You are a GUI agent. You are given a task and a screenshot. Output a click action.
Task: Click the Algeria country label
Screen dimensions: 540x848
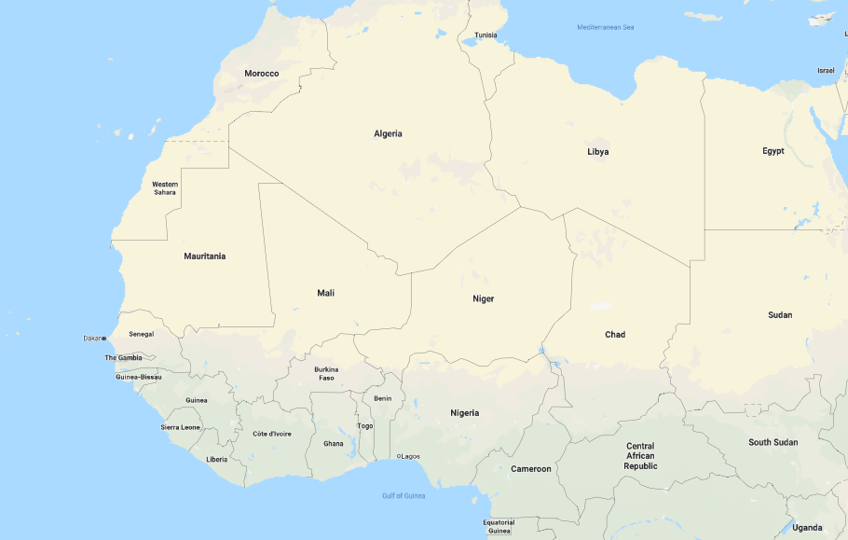click(388, 133)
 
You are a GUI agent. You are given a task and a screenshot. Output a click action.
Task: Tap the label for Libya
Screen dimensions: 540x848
click(597, 151)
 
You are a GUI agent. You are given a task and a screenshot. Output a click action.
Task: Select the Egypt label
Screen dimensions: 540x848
click(773, 150)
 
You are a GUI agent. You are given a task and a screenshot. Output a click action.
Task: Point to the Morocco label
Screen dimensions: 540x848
click(261, 73)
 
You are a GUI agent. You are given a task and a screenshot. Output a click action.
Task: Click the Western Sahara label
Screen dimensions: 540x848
click(165, 187)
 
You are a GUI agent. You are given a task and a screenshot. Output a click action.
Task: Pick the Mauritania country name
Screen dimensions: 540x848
click(204, 256)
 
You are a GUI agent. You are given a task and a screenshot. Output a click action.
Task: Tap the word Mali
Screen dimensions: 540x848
click(325, 293)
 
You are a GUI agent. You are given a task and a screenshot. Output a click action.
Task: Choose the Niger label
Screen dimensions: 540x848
click(483, 298)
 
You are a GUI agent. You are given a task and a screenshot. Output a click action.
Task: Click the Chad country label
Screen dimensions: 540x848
click(615, 334)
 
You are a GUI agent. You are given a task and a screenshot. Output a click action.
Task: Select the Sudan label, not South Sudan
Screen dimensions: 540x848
click(780, 314)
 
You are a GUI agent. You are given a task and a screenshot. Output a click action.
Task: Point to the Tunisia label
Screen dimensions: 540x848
click(486, 35)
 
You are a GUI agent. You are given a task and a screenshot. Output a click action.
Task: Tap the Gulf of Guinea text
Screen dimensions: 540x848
click(403, 495)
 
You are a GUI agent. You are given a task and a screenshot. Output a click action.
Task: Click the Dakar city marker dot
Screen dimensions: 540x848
click(104, 338)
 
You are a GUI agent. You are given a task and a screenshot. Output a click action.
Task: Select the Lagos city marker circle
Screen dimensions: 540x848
click(399, 456)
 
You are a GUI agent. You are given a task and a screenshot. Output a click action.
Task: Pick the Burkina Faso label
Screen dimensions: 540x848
click(326, 373)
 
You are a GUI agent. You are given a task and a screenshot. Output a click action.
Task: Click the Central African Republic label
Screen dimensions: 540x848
click(640, 456)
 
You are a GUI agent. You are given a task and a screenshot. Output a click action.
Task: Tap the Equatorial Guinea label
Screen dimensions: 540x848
click(499, 526)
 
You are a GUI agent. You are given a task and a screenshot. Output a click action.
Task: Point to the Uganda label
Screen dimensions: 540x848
click(807, 528)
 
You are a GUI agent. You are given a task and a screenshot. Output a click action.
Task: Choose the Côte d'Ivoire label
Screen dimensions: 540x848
click(272, 434)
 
